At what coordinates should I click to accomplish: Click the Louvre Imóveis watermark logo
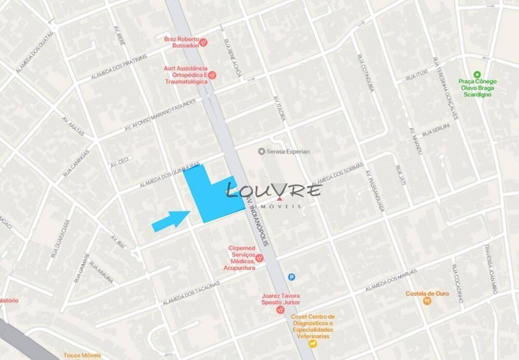pos(274,194)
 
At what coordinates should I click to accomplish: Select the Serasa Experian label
pos(284,151)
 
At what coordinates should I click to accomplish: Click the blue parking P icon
pos(292,277)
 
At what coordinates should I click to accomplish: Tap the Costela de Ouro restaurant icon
pos(427,301)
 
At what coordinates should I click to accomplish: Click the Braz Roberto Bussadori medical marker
pos(204,43)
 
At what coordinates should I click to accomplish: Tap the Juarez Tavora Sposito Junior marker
pos(280,310)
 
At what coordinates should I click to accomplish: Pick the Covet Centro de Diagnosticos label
pos(313,326)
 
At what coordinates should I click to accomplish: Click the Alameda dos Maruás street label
pos(391,280)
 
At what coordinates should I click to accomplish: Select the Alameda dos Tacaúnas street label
pos(191,294)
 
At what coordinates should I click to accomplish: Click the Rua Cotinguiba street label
pos(365,73)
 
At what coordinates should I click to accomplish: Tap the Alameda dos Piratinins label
pos(119,66)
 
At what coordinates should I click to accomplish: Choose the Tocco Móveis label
pos(82,355)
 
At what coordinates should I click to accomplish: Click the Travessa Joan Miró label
pos(490,269)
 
